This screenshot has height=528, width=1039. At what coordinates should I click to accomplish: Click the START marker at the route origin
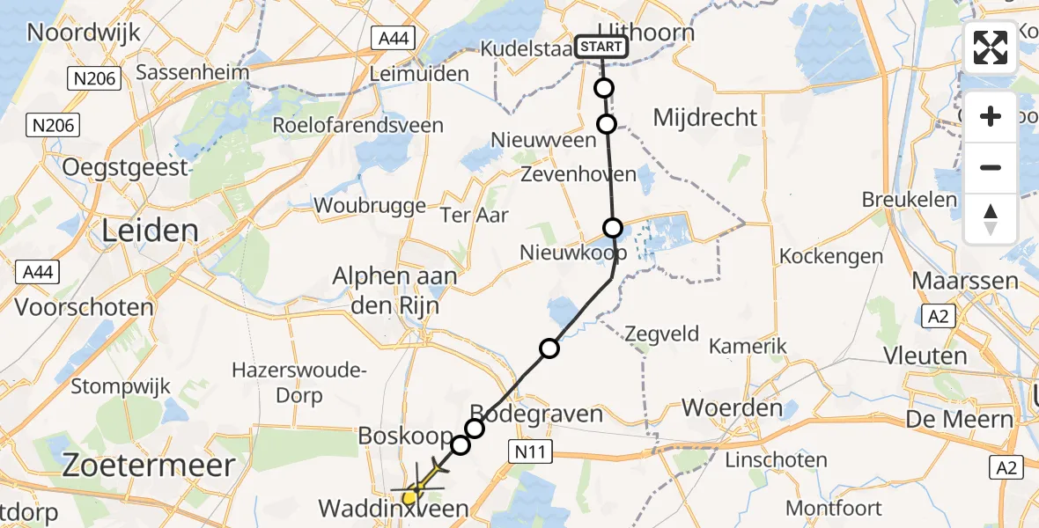pos(602,47)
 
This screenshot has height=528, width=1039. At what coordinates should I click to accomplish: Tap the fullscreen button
pos(991,48)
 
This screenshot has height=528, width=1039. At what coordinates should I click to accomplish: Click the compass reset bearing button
pos(991,219)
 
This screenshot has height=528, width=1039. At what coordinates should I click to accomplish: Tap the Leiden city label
pos(151,231)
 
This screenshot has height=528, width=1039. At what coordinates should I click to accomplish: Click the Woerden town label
pos(733,408)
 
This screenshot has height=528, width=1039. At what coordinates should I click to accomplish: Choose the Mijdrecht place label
pos(706,117)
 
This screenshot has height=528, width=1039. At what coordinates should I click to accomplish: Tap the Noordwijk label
pos(84,33)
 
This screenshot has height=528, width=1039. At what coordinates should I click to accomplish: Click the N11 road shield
pos(531,452)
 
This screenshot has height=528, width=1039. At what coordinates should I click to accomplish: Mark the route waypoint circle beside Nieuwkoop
pos(613,228)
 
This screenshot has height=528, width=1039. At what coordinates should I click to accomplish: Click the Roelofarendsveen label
pos(357,125)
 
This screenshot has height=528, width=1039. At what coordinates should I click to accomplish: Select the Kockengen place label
pos(831,257)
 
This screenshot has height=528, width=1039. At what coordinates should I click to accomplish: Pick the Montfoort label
pos(833,508)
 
